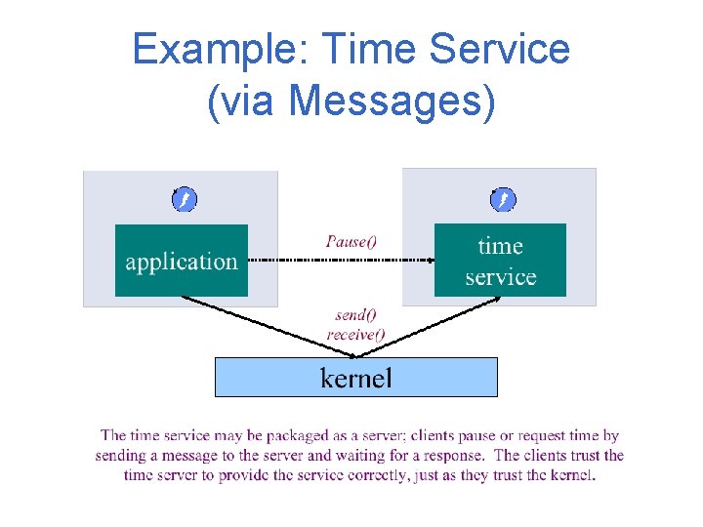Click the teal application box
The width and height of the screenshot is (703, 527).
pos(182,261)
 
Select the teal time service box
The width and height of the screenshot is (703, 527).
pos(500,261)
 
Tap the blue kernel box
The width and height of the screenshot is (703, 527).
pos(356,377)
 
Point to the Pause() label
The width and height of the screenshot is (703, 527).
pos(351,241)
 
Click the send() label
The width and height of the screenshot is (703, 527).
pos(355,315)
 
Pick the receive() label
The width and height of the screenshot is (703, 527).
pos(355,334)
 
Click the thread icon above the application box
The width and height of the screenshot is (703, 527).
pos(185,200)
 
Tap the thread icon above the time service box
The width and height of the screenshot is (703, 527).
pos(503,200)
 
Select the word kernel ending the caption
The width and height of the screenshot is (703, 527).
pos(569,475)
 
